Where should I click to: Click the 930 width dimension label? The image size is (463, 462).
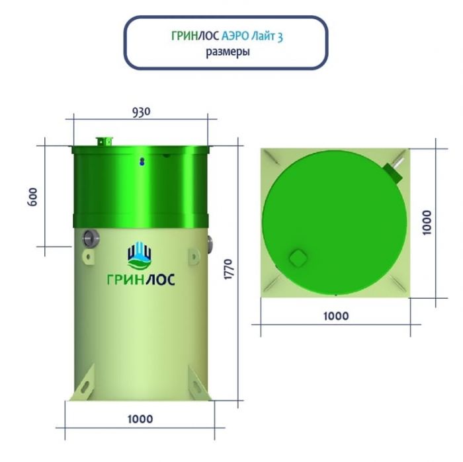click(141, 112)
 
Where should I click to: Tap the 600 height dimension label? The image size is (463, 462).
click(32, 197)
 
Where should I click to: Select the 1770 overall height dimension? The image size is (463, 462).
click(229, 269)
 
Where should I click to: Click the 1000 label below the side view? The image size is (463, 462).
click(140, 419)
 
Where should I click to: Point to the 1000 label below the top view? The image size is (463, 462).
click(336, 316)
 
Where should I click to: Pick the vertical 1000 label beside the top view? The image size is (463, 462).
click(427, 223)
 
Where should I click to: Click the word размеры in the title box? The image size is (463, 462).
click(228, 52)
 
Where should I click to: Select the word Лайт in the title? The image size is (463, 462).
click(263, 36)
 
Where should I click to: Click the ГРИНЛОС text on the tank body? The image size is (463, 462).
click(141, 280)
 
